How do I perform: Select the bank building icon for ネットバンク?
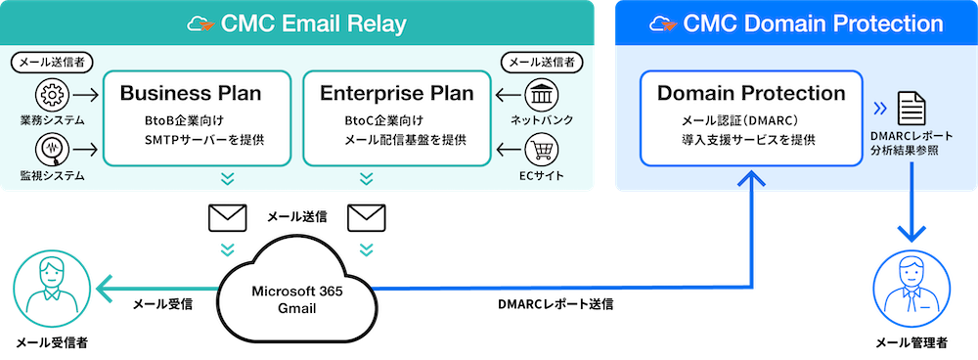point(543,96)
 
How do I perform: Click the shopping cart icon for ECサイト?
point(543,149)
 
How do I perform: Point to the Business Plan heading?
point(191,94)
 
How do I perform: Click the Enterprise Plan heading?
point(397,94)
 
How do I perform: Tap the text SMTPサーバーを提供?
point(204,139)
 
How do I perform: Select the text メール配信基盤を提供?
point(406,139)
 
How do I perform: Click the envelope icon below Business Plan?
point(227,218)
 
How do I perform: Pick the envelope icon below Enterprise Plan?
point(367,218)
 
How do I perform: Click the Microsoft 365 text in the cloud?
point(297,292)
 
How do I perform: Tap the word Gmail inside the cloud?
point(297,308)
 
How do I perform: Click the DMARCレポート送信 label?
point(556,305)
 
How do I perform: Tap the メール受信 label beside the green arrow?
point(162,304)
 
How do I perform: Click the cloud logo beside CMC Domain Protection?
point(662,23)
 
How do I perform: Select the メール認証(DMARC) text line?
point(741,119)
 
